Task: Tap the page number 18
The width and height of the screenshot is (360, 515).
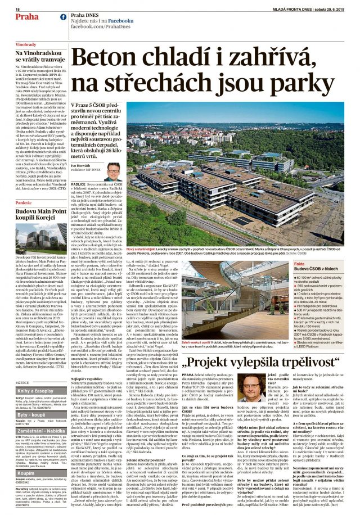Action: click(18, 10)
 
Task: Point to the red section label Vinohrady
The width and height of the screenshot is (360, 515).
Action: click(26, 44)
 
